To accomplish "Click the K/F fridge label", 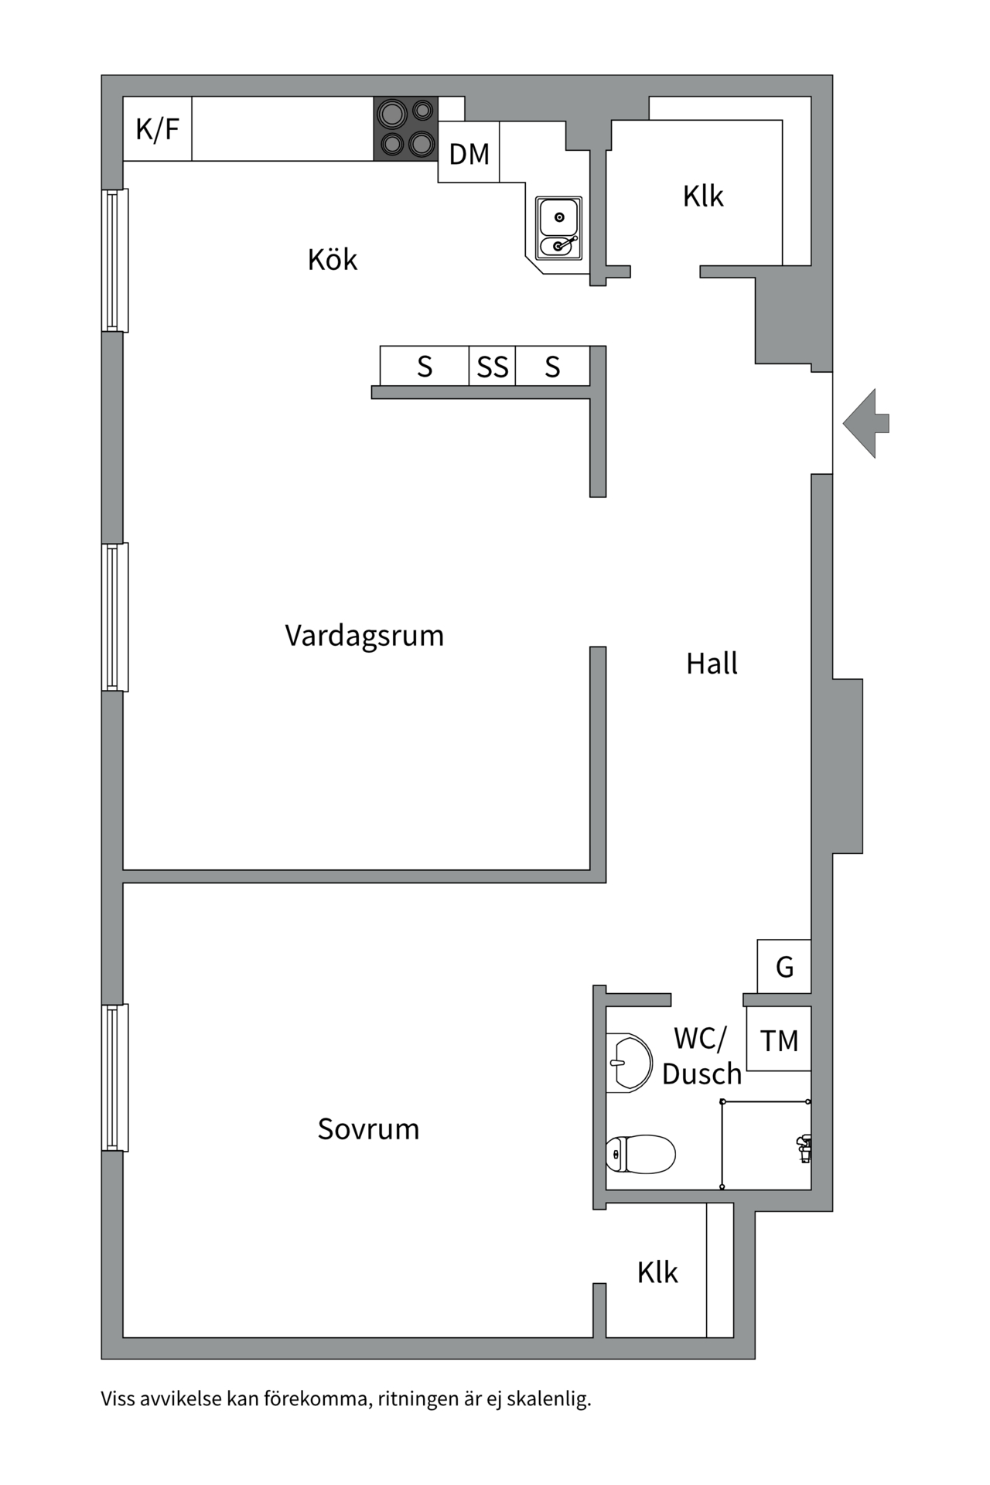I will point(157,129).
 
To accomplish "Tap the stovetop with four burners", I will point(405,128).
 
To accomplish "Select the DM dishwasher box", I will point(469,153).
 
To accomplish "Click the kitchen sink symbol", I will point(558,227).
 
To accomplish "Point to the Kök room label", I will point(333,260).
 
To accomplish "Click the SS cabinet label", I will point(493,367).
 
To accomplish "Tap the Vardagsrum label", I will point(364,636).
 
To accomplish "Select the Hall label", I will point(712,664).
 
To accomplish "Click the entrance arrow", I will point(866,423).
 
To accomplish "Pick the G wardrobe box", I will point(784,967).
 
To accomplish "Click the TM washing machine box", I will point(779,1040).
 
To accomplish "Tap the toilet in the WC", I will point(640,1155).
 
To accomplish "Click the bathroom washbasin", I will point(629,1063).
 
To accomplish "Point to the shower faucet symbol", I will point(804,1148).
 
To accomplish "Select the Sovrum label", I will point(368,1129).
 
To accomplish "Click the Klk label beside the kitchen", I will point(703,196).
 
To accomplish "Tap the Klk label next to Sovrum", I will point(657,1272).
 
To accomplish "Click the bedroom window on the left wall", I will point(114,1077).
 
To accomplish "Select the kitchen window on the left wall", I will point(114,261).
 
